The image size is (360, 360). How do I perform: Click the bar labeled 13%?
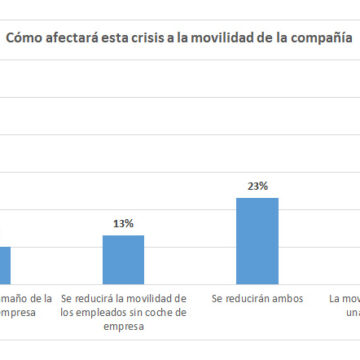coord(123,260)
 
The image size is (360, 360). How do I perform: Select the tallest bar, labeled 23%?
coord(256,241)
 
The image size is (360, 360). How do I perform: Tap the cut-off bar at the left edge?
coord(5,266)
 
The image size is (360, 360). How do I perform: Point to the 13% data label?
coord(123,225)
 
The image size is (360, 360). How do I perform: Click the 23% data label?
coord(256,186)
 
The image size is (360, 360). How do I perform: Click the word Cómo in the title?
coord(27,41)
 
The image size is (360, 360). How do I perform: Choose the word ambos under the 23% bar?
coord(282,298)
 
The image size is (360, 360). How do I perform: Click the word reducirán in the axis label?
coord(246,298)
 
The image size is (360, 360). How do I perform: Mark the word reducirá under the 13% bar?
coord(99,298)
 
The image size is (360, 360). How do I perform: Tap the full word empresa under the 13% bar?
coord(123,324)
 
